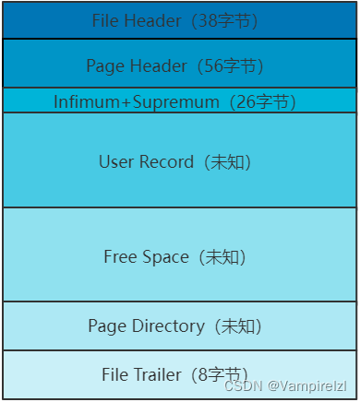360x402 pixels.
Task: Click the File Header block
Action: click(179, 20)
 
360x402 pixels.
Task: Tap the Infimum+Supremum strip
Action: click(179, 100)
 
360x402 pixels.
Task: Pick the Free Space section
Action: click(179, 254)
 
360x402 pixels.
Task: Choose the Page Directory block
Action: click(179, 325)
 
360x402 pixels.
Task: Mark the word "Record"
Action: click(162, 162)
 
